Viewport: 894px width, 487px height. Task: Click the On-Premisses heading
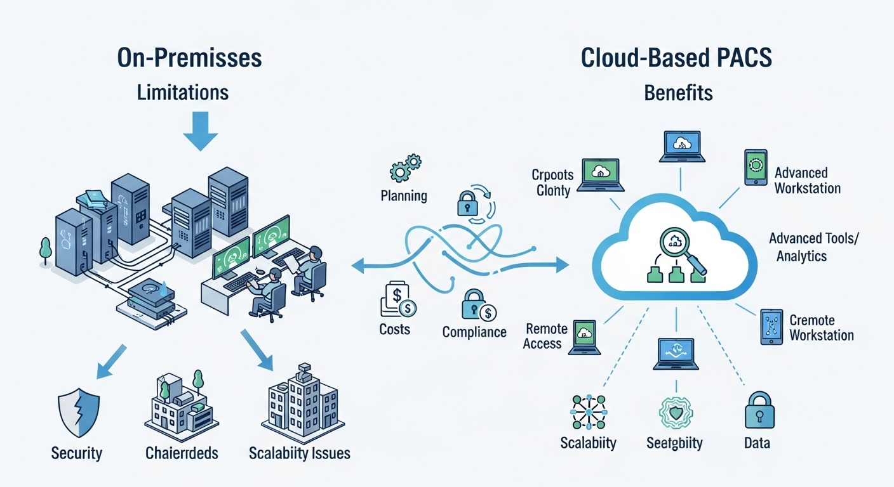[189, 58]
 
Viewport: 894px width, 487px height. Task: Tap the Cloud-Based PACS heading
[677, 58]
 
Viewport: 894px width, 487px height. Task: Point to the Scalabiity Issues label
[299, 453]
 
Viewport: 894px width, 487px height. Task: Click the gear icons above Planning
[403, 167]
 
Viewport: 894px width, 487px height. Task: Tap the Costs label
[394, 329]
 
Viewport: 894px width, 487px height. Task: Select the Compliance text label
[474, 332]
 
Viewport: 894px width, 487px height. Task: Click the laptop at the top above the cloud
[681, 146]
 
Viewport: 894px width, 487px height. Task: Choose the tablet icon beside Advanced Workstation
[756, 167]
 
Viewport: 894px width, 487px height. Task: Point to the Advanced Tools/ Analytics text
[804, 247]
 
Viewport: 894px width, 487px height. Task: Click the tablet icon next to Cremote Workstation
[771, 327]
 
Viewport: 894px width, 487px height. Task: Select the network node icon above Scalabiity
[588, 412]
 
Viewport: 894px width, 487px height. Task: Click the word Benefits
[678, 93]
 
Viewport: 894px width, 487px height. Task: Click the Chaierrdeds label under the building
[182, 453]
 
